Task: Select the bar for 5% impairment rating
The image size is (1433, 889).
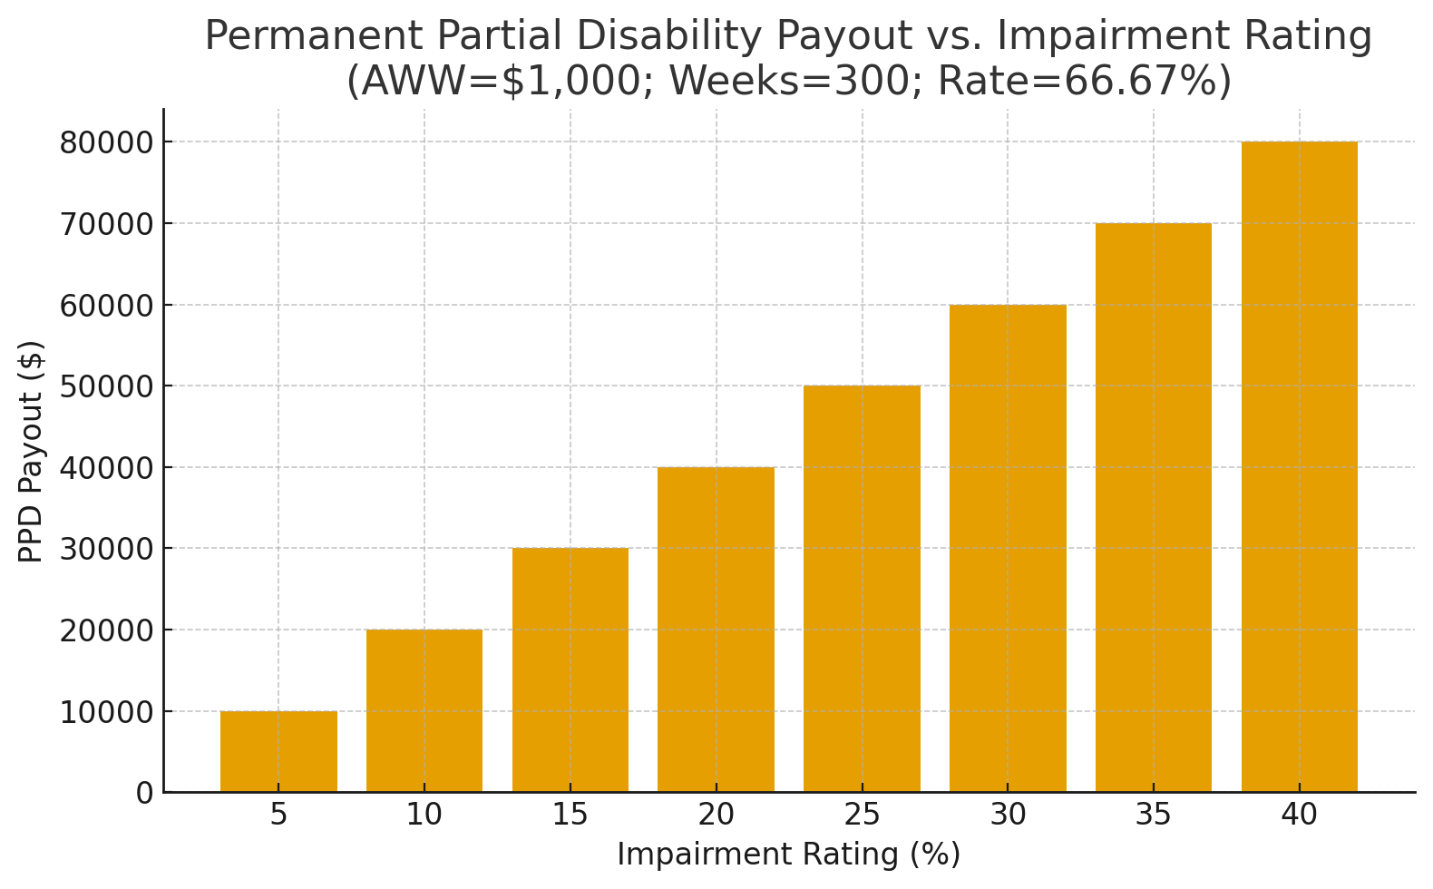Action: tap(278, 751)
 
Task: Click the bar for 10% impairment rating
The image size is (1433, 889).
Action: tap(424, 710)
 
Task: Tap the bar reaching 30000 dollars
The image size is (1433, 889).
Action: tap(570, 669)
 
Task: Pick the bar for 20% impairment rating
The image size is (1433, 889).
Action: tap(716, 630)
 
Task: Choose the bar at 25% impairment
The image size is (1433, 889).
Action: tap(862, 589)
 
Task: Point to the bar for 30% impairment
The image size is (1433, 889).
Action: tap(1008, 548)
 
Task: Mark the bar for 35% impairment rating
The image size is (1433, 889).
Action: tap(1154, 508)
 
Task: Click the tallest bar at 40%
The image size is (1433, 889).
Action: tap(1300, 467)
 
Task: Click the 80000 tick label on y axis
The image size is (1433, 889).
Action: tap(105, 143)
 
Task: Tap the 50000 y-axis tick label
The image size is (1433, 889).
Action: tap(105, 386)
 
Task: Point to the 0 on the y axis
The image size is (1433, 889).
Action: tap(144, 794)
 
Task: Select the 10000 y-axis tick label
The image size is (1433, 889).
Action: tap(105, 712)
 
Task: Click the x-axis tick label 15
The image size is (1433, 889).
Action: tap(570, 816)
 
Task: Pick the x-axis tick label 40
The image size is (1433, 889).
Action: tap(1300, 816)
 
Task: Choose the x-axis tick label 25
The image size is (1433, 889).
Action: tap(862, 816)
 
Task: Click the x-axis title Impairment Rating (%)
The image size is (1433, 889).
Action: tap(788, 855)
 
